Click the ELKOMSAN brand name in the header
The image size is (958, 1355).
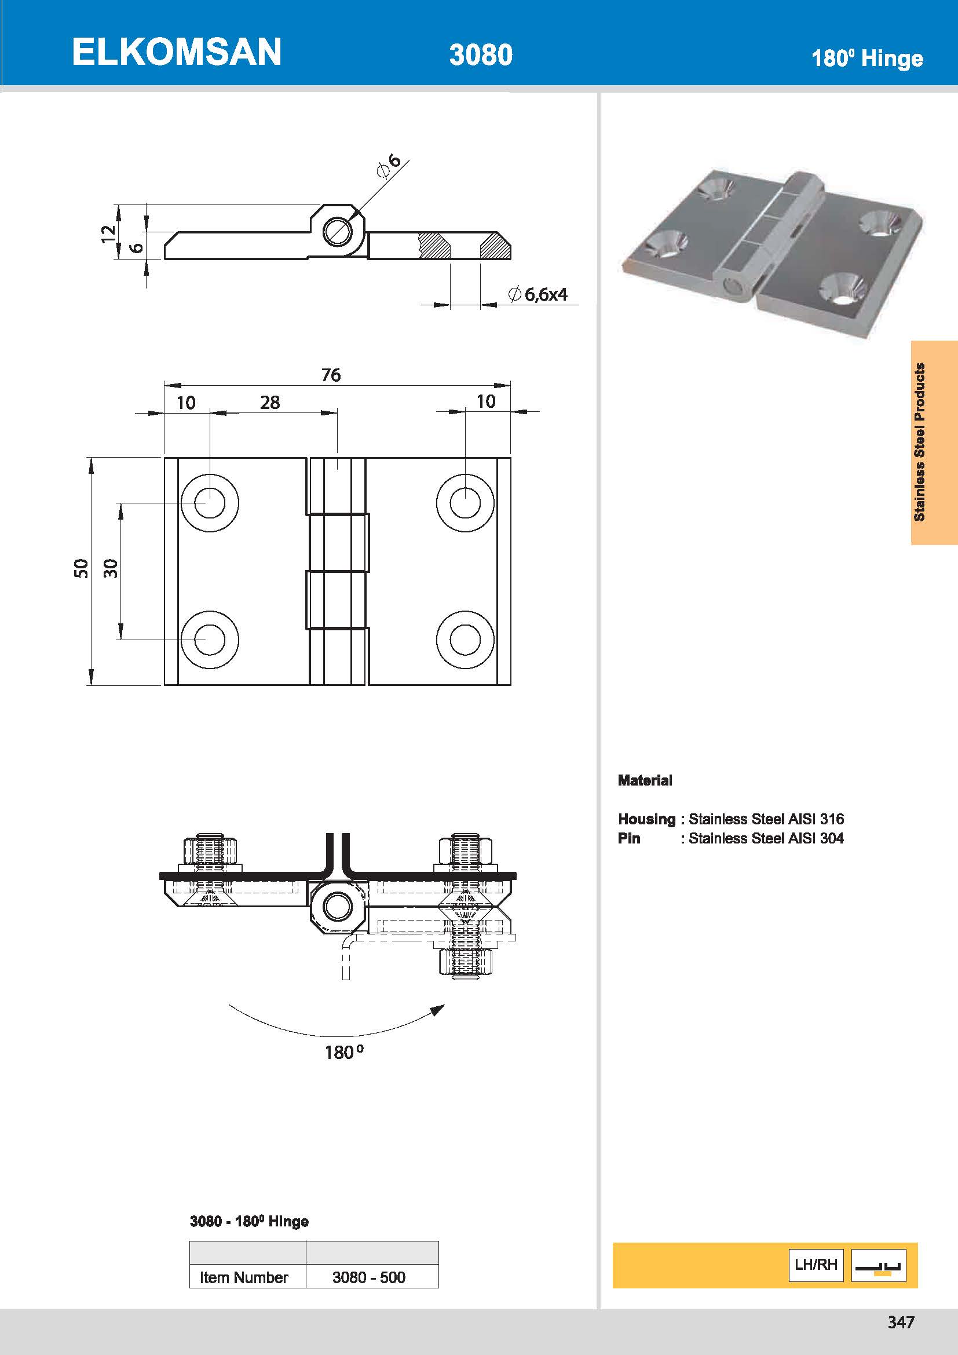[x=177, y=52]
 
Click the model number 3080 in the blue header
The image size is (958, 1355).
[x=480, y=55]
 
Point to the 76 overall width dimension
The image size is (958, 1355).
[x=331, y=375]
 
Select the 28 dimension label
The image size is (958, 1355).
[x=269, y=403]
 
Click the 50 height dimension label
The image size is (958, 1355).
[x=81, y=568]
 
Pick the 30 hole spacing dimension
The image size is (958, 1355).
[x=111, y=568]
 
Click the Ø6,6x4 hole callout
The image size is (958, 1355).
[x=538, y=294]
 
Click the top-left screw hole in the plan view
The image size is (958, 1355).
[x=210, y=503]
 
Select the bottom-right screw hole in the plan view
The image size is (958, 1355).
[x=465, y=640]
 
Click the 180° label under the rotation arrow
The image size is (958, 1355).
[x=344, y=1051]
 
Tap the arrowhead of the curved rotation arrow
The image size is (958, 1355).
[x=437, y=1010]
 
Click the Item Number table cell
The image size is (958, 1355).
[x=244, y=1277]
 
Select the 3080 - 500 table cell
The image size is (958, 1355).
[x=369, y=1277]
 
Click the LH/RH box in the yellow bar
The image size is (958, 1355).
[x=816, y=1264]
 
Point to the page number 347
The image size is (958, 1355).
[x=900, y=1322]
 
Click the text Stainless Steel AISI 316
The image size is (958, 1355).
[x=766, y=819]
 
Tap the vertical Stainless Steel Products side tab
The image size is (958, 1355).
[x=919, y=442]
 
